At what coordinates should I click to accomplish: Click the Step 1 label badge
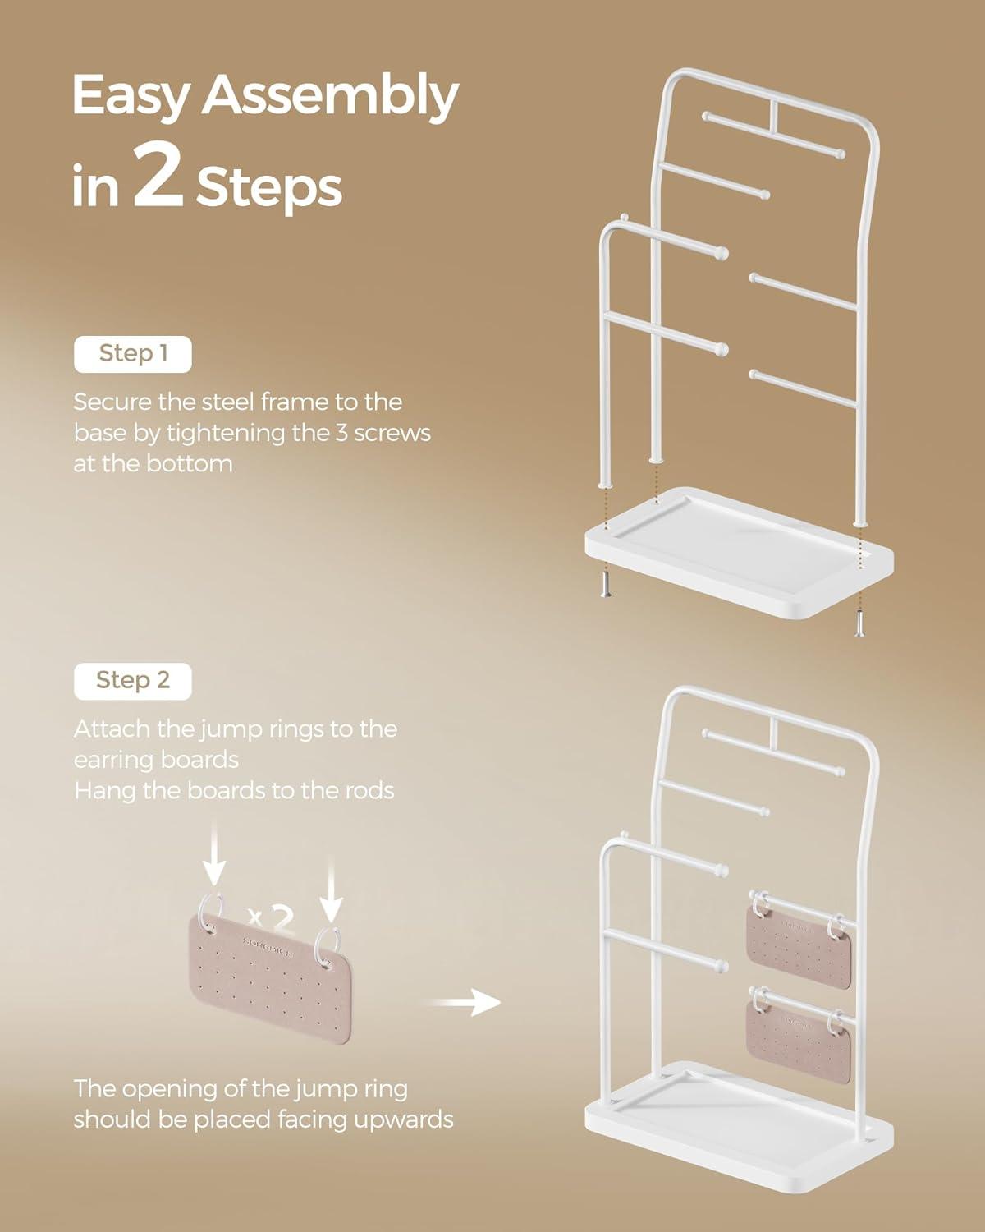pyautogui.click(x=133, y=354)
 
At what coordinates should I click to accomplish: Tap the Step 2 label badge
pyautogui.click(x=133, y=681)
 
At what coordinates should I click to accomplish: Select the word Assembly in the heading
pyautogui.click(x=330, y=97)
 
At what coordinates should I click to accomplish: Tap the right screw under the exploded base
pyautogui.click(x=859, y=624)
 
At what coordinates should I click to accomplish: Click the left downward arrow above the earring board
pyautogui.click(x=214, y=853)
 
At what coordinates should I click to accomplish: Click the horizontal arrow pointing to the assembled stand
pyautogui.click(x=464, y=1002)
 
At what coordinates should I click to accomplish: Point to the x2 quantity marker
pyautogui.click(x=272, y=918)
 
